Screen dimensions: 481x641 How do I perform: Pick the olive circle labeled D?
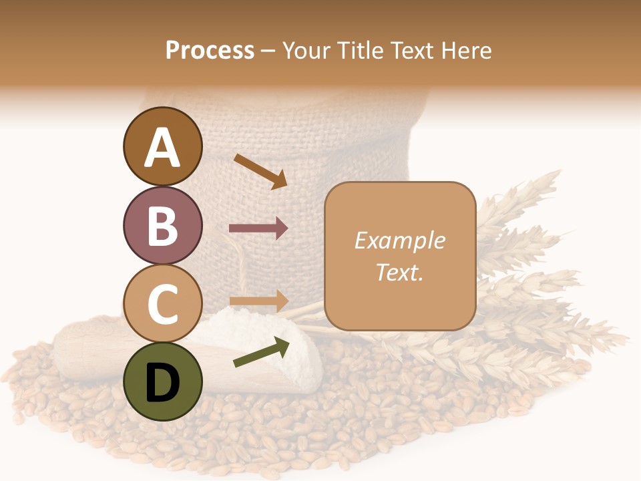(163, 382)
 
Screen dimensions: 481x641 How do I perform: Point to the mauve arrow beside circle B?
(258, 228)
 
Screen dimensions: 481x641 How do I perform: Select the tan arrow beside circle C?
(258, 301)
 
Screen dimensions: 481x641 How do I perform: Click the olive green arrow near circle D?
(261, 352)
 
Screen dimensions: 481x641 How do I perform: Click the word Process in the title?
(210, 50)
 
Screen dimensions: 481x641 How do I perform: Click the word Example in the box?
(400, 240)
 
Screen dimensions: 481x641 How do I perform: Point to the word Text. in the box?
(400, 272)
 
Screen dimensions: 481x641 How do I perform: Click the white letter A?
(163, 147)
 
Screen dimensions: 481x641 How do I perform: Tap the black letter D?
(163, 383)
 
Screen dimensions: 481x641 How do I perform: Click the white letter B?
(163, 226)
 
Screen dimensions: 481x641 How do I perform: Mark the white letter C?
(163, 305)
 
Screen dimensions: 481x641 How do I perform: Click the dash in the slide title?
(268, 51)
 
